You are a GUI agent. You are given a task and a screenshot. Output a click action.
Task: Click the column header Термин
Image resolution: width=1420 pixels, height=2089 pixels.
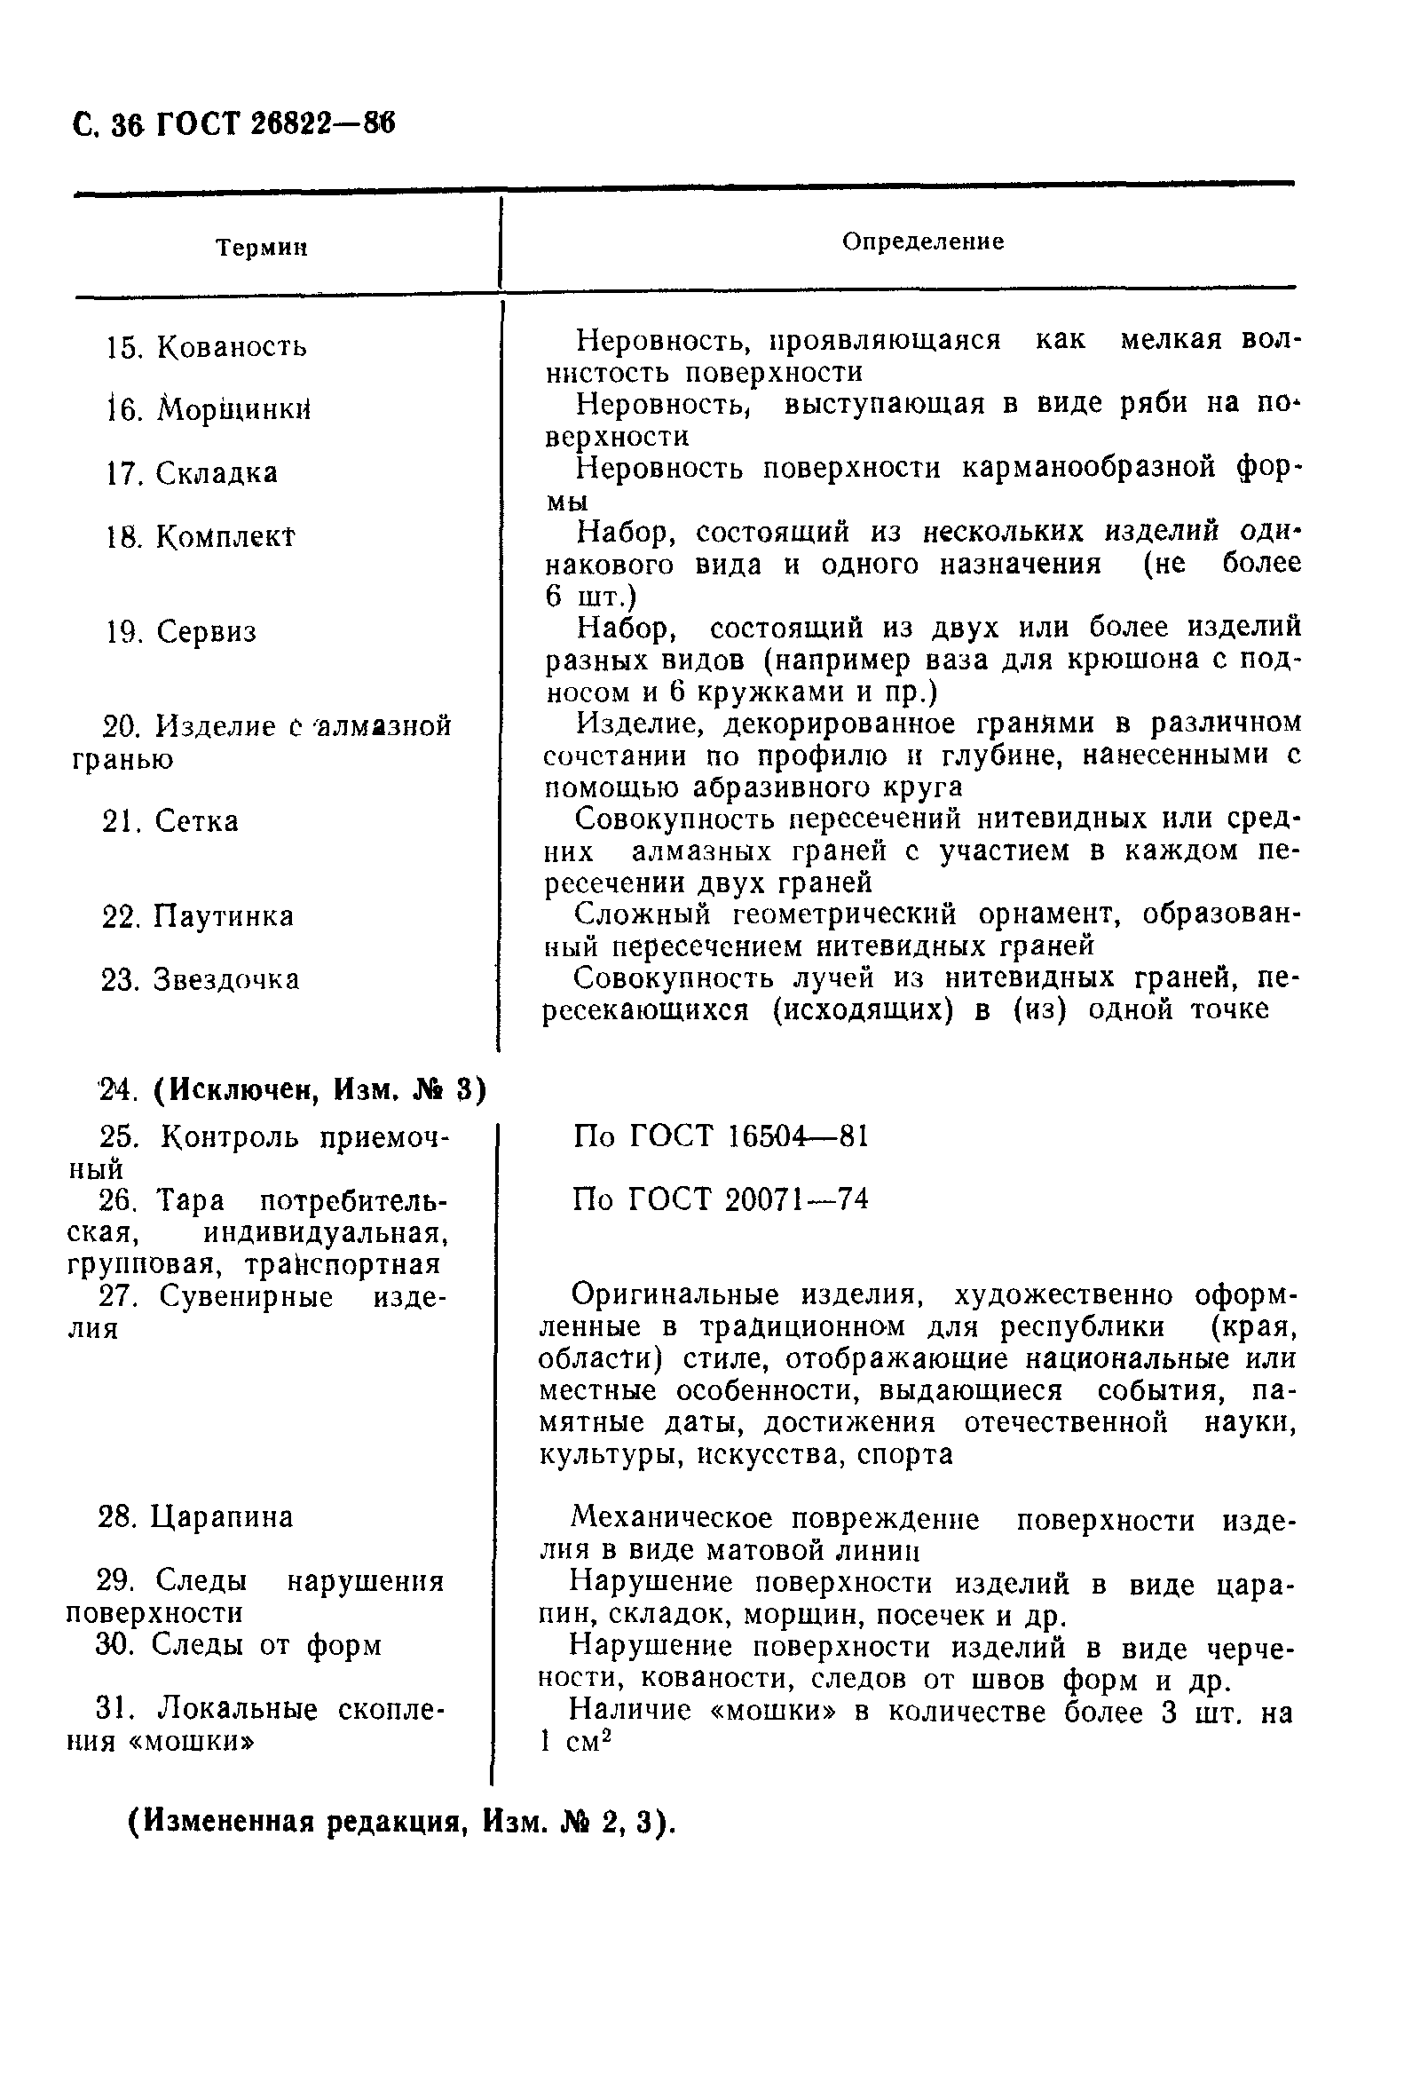coord(262,248)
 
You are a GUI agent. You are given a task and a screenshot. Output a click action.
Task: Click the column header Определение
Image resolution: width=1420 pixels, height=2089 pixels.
coord(922,241)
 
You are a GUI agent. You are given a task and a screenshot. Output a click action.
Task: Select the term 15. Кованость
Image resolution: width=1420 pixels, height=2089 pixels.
coord(207,347)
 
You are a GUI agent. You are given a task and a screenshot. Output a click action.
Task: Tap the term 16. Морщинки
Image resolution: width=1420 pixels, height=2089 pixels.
coord(209,411)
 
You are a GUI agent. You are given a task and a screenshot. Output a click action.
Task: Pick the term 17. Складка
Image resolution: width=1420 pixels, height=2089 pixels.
coord(192,474)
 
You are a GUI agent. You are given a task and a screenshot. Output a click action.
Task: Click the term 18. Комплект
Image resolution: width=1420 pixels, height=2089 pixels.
coord(201,537)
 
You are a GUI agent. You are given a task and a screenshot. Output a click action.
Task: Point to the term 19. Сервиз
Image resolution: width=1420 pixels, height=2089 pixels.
coord(181,632)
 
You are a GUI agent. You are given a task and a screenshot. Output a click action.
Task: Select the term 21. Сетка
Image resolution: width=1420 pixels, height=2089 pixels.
coord(170,821)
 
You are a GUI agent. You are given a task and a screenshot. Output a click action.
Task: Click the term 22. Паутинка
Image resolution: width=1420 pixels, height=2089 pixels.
coord(198,917)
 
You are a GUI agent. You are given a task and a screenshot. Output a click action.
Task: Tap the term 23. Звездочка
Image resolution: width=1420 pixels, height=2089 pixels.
coord(201,980)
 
